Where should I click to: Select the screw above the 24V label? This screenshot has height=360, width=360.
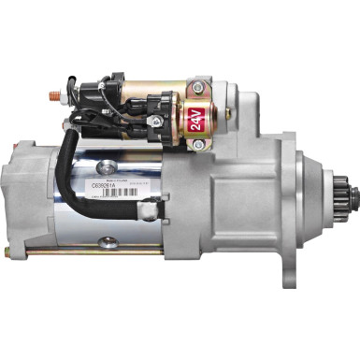coord(198,89)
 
